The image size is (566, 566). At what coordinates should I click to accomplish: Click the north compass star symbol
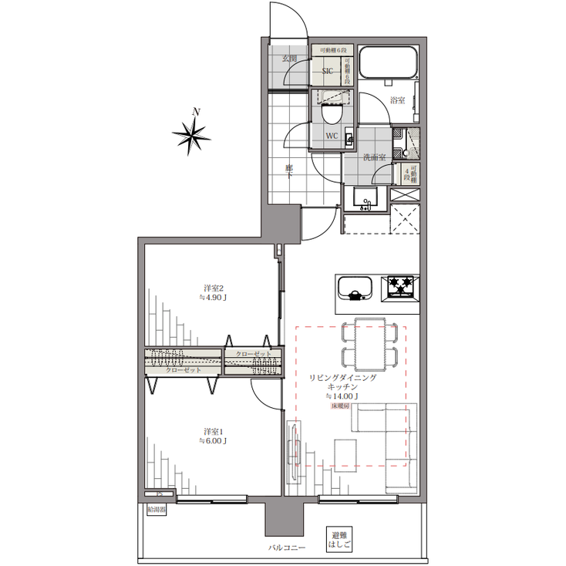click(191, 136)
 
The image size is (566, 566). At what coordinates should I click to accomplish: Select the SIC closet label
click(327, 72)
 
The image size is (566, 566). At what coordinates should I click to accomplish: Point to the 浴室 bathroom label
click(398, 100)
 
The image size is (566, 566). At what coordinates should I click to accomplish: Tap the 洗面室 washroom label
click(375, 157)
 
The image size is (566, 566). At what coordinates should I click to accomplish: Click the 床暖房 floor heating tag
click(342, 406)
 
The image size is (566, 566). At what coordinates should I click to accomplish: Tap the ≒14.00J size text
click(342, 396)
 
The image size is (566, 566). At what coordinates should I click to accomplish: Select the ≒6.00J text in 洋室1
click(213, 441)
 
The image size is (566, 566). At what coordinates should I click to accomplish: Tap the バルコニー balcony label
click(286, 548)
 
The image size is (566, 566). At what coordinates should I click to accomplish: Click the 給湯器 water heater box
click(156, 509)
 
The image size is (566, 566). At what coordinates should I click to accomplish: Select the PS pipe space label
click(159, 494)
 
